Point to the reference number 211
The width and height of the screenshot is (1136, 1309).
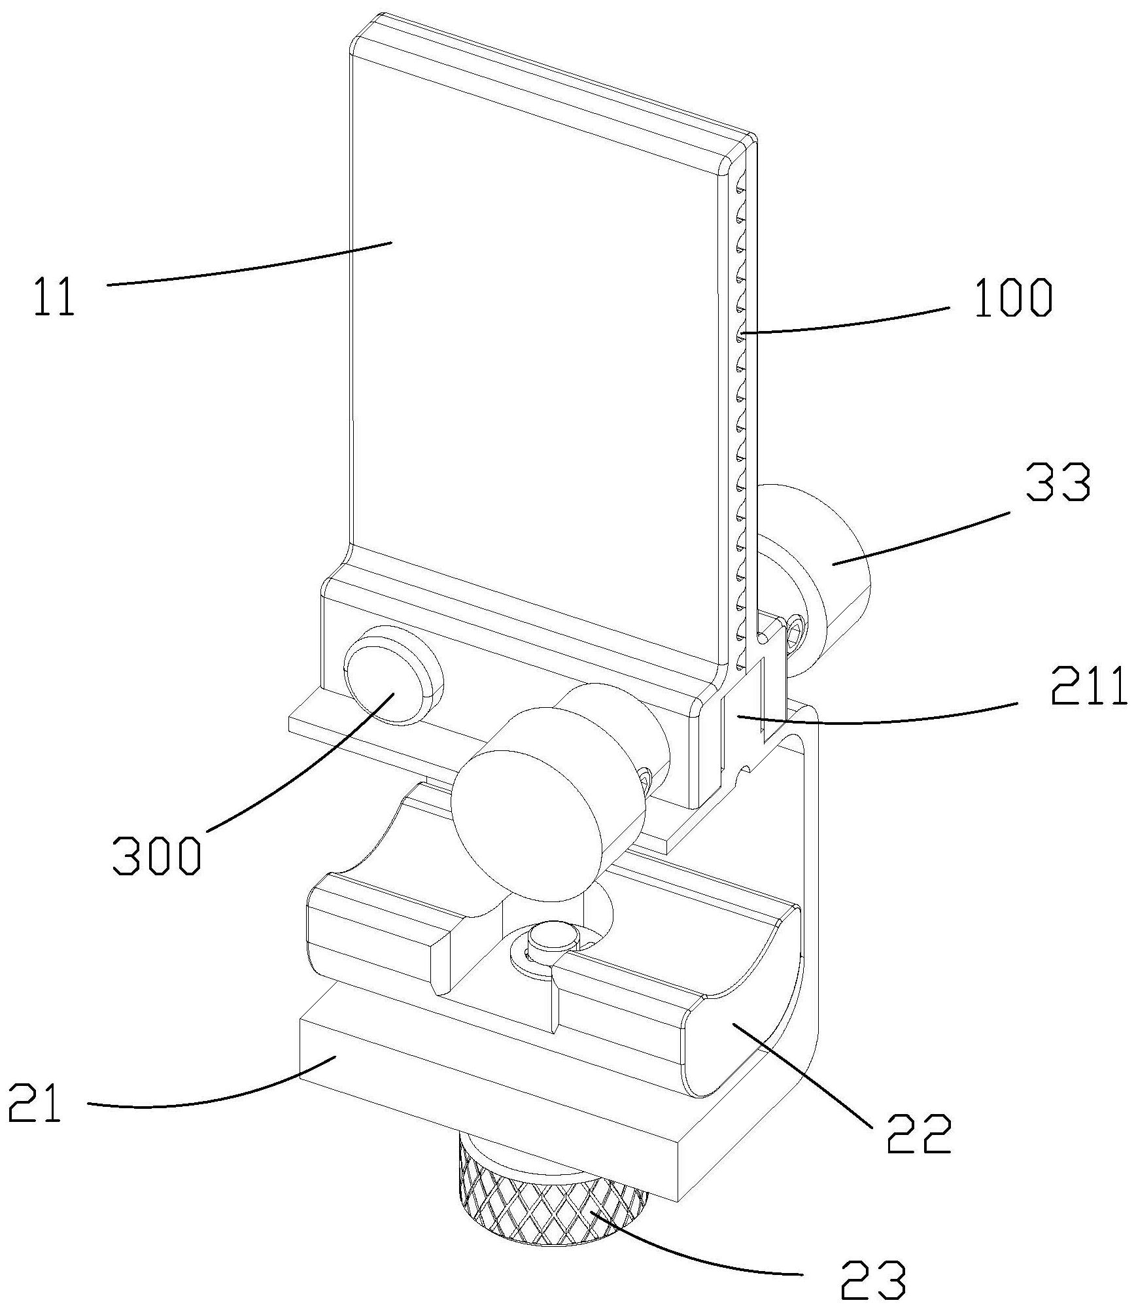[1088, 688]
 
